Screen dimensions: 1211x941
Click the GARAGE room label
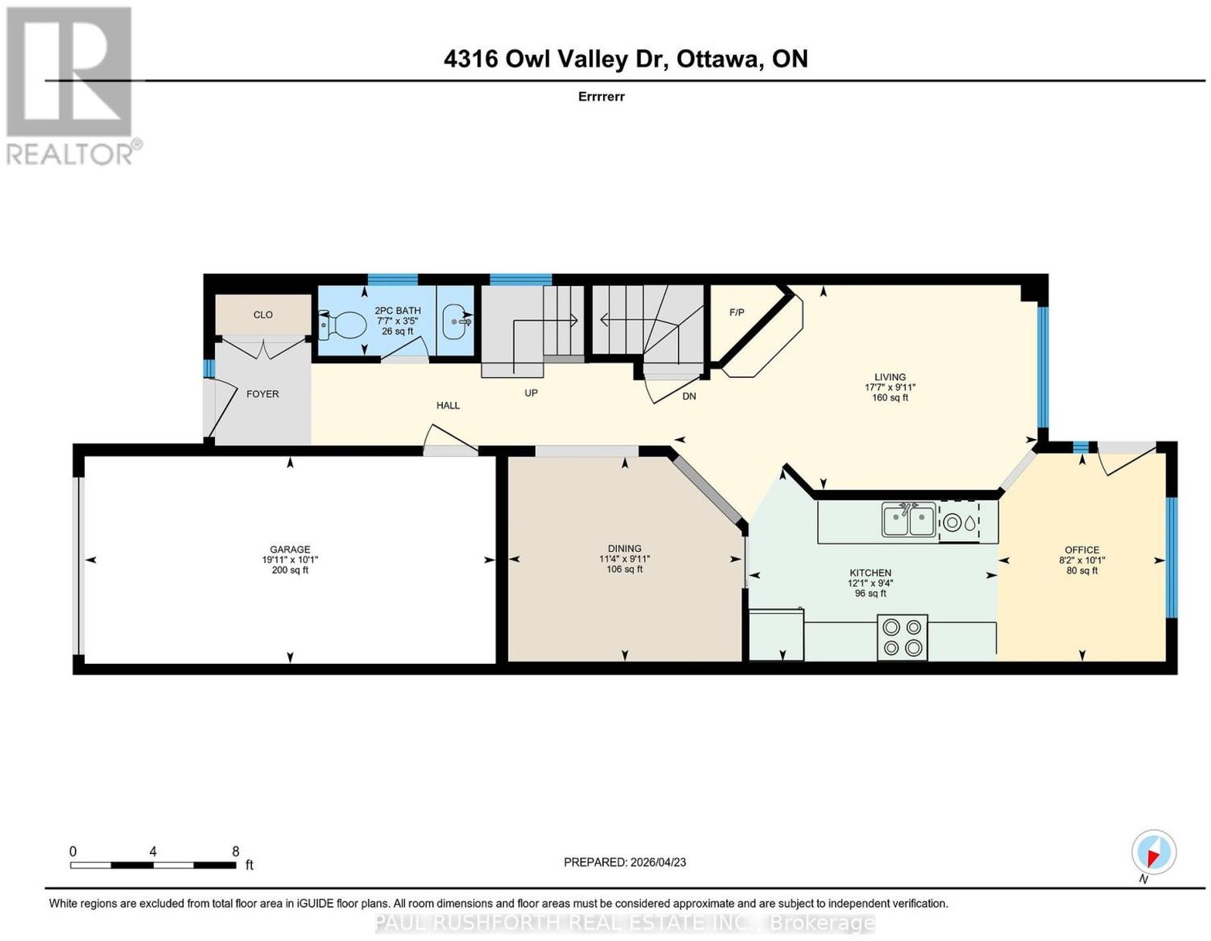coord(290,549)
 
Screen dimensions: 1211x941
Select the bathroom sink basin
coord(457,322)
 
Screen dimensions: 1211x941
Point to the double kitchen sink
coord(908,519)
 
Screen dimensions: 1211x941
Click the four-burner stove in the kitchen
coord(902,637)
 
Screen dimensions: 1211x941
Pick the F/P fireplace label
coord(736,313)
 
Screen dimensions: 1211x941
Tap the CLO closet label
coord(263,315)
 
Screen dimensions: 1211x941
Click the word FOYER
coord(263,394)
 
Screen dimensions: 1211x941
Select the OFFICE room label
coord(1082,550)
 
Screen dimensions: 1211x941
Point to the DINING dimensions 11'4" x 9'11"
coord(624,559)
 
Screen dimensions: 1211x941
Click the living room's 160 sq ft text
coord(890,397)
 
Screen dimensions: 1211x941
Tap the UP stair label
coord(531,393)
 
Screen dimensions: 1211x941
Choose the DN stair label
coord(690,396)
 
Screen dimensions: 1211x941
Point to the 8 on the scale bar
coord(235,852)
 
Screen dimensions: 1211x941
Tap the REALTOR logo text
coord(70,153)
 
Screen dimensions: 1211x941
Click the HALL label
coord(448,405)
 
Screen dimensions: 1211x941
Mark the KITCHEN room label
coord(870,572)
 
